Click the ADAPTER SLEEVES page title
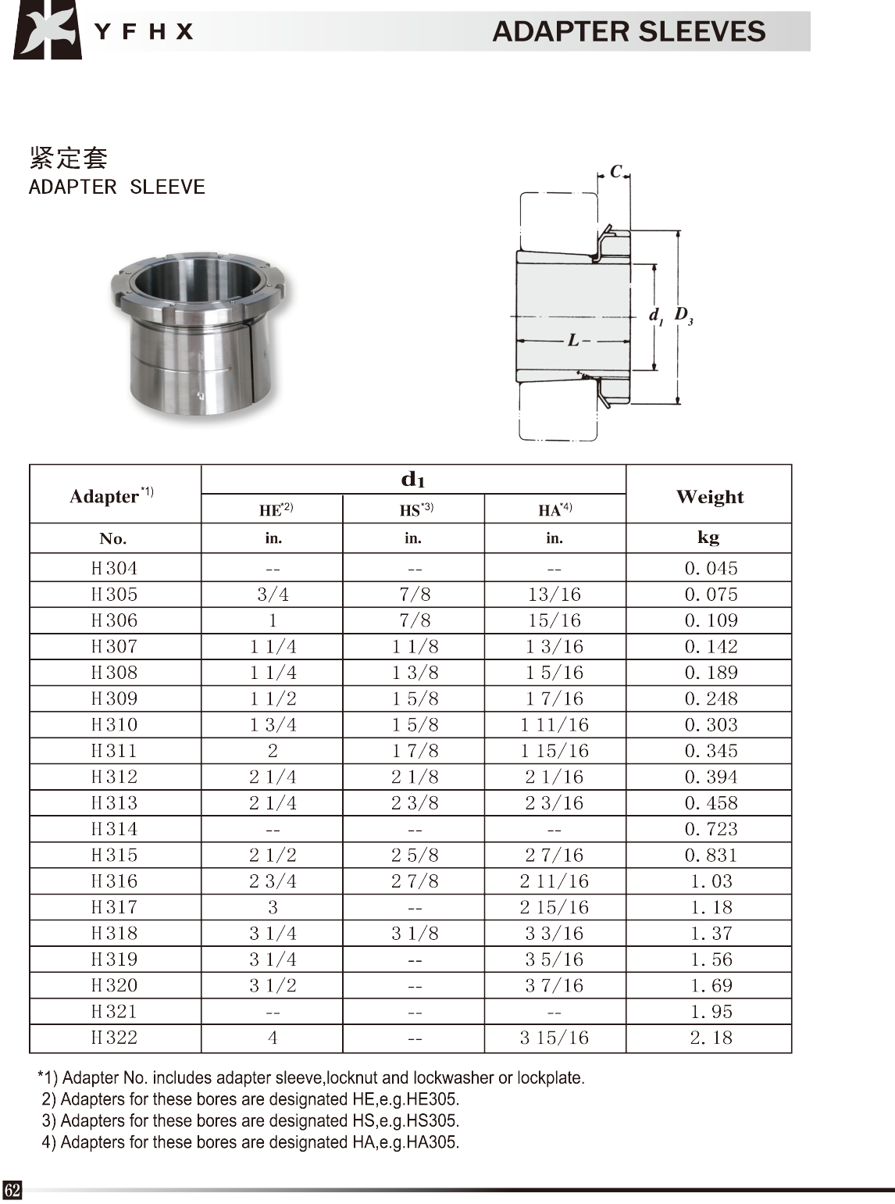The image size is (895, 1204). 628,31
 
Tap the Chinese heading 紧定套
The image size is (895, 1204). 68,157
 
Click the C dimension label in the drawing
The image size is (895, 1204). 615,172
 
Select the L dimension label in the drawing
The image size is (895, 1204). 574,341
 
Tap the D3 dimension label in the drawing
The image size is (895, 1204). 683,316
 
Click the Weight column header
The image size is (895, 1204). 709,496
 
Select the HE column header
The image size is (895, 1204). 275,510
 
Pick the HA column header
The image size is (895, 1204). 554,510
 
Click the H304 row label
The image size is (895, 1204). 114,568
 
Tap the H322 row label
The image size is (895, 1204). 114,1038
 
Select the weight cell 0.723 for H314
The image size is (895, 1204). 711,829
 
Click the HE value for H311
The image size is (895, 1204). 273,751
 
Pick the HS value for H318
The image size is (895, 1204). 415,933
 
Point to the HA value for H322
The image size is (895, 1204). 554,1038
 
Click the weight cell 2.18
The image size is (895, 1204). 711,1038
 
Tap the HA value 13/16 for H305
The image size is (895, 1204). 554,595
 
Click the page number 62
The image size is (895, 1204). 12,1190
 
